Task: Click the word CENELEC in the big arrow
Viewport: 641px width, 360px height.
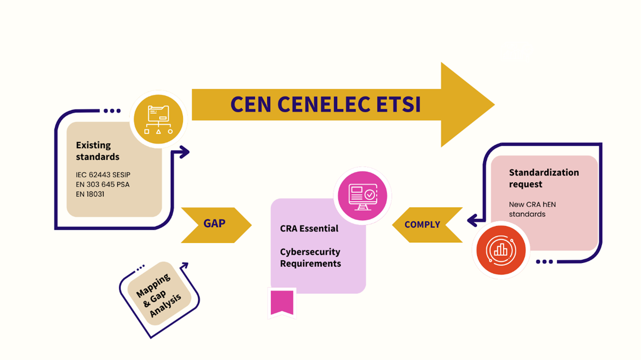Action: [324, 105]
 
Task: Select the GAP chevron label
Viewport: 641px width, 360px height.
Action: [214, 224]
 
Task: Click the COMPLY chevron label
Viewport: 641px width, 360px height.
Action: [422, 225]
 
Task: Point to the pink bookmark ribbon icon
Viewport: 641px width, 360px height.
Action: [282, 302]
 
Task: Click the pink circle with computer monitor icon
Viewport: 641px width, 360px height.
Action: [362, 196]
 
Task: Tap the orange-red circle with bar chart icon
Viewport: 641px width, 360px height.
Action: [501, 250]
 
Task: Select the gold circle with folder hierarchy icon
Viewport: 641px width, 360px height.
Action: [158, 119]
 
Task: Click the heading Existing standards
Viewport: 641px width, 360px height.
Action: [97, 151]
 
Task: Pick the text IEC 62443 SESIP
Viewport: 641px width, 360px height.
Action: [103, 175]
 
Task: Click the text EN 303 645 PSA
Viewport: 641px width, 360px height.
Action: [102, 184]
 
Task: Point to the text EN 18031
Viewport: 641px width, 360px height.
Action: [90, 194]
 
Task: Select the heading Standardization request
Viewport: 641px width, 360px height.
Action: [543, 178]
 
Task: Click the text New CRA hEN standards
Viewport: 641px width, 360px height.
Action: [532, 209]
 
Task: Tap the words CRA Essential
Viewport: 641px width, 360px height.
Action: [309, 229]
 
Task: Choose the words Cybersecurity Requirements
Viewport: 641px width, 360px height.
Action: [310, 258]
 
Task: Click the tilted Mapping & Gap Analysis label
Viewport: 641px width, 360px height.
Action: [159, 295]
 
